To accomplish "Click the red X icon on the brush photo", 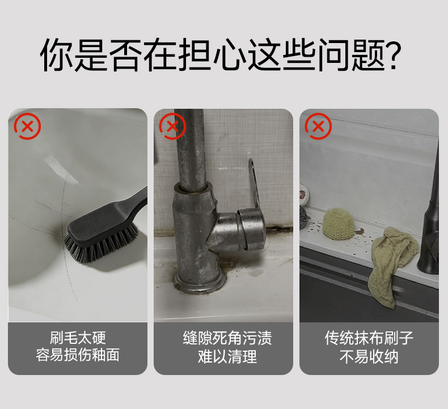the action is pyautogui.click(x=27, y=126).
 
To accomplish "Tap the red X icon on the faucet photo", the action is pyautogui.click(x=172, y=126).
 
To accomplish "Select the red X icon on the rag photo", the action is pyautogui.click(x=318, y=126).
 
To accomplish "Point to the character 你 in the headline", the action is pyautogui.click(x=57, y=54).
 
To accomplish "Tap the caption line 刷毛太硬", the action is pyautogui.click(x=78, y=338).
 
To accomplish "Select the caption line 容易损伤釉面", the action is pyautogui.click(x=78, y=355).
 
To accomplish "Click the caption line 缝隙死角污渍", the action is pyautogui.click(x=227, y=338).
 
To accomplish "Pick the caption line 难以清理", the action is pyautogui.click(x=227, y=357).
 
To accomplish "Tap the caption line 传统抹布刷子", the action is pyautogui.click(x=369, y=338).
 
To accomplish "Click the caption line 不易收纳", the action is pyautogui.click(x=369, y=357).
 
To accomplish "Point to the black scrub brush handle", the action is pyautogui.click(x=134, y=200).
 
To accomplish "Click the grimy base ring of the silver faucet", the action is pyautogui.click(x=200, y=281).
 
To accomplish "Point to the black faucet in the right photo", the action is pyautogui.click(x=430, y=228).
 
